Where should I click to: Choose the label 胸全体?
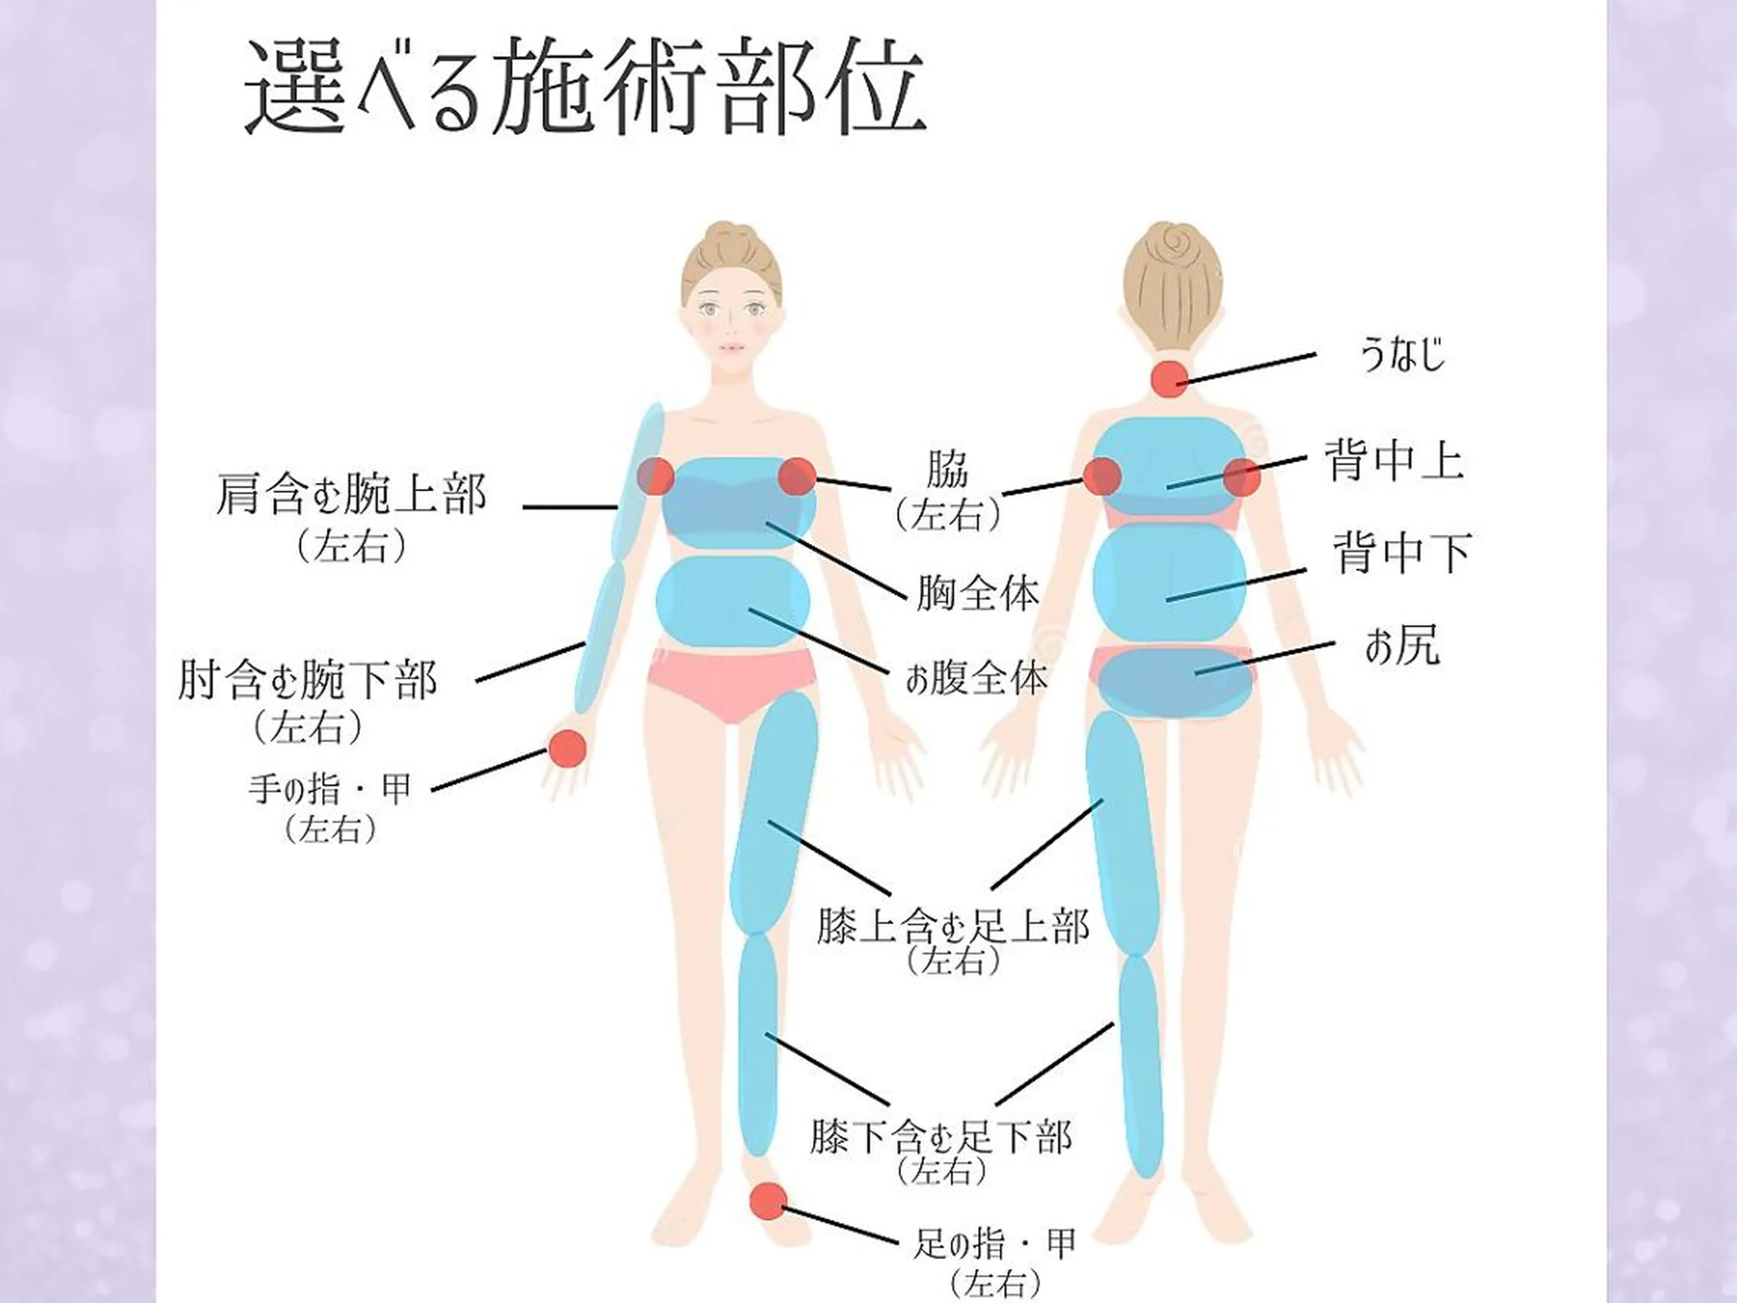tap(977, 593)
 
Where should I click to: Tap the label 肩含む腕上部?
tap(351, 494)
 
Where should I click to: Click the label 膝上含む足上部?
tap(953, 926)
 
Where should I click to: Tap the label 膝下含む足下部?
tap(940, 1137)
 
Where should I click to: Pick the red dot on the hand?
tap(567, 748)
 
